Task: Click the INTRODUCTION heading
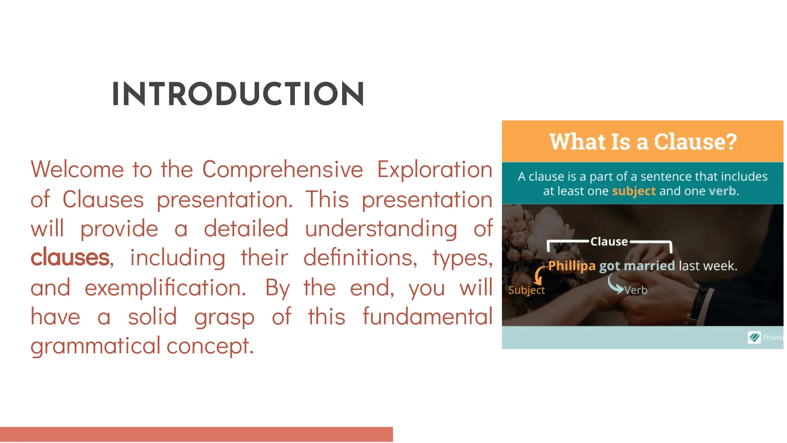coord(238,94)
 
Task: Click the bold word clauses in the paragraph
coord(70,258)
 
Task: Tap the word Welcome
coord(77,169)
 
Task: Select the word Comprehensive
coord(282,169)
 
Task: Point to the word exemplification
coord(165,288)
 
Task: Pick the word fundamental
coord(427,317)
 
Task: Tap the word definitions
coord(360,258)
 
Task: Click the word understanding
coord(381,229)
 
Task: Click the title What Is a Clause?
coord(643,142)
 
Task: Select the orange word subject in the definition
coord(633,191)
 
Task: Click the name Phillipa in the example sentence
coord(571,265)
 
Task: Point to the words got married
coord(637,265)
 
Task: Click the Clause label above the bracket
coord(609,242)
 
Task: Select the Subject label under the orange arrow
coord(526,290)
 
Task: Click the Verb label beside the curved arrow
coord(636,290)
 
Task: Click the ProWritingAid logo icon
coord(754,337)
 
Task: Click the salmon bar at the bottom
coord(196,434)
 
